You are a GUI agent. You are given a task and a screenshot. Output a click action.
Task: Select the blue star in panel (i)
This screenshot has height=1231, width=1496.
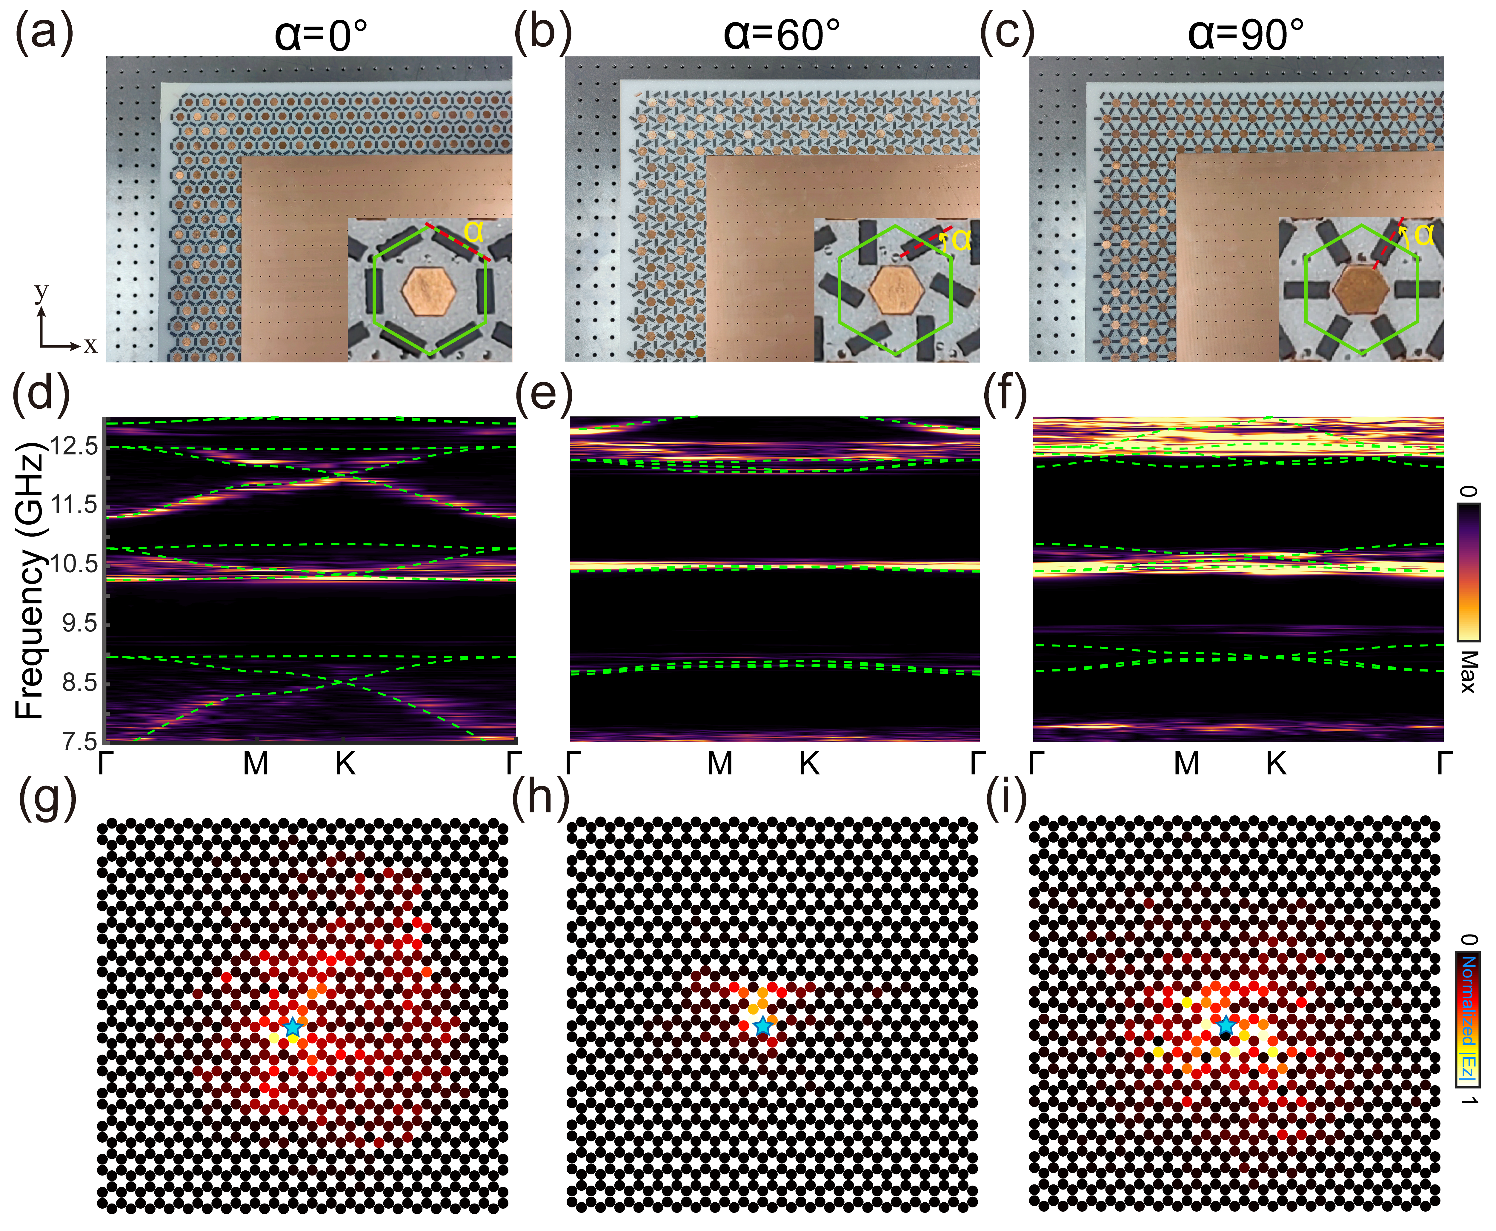[1225, 1025]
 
